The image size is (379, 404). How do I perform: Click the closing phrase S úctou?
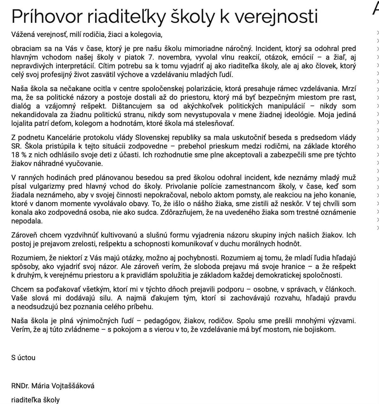23,358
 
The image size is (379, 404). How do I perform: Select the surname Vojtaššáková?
75,386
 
